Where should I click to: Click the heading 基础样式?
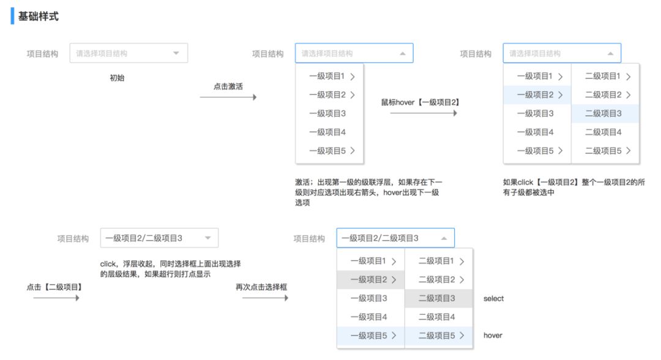pyautogui.click(x=39, y=17)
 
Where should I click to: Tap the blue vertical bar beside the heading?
pyautogui.click(x=12, y=16)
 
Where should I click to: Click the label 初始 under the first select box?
pyautogui.click(x=117, y=78)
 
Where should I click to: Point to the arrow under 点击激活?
pyautogui.click(x=228, y=97)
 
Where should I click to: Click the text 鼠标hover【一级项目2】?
pyautogui.click(x=420, y=102)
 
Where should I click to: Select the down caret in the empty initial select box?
pyautogui.click(x=176, y=53)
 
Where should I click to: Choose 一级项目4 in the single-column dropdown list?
pyautogui.click(x=327, y=132)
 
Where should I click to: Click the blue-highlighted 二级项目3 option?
pyautogui.click(x=605, y=113)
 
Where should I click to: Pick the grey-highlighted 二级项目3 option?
pyautogui.click(x=438, y=298)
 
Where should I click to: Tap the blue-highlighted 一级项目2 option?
pyautogui.click(x=537, y=95)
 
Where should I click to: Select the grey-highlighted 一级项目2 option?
pyautogui.click(x=371, y=279)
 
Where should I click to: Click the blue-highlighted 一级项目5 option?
pyautogui.click(x=371, y=336)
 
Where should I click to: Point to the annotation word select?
pyautogui.click(x=494, y=298)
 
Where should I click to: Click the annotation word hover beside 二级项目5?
pyautogui.click(x=493, y=336)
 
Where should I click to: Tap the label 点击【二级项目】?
pyautogui.click(x=54, y=287)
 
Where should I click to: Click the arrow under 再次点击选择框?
pyautogui.click(x=265, y=298)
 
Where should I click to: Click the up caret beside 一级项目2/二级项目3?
pyautogui.click(x=444, y=238)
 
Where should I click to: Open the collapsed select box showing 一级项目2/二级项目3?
pyautogui.click(x=159, y=238)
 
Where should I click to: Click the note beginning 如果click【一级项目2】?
pyautogui.click(x=573, y=187)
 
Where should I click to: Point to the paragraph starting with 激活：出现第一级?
pyautogui.click(x=368, y=192)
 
